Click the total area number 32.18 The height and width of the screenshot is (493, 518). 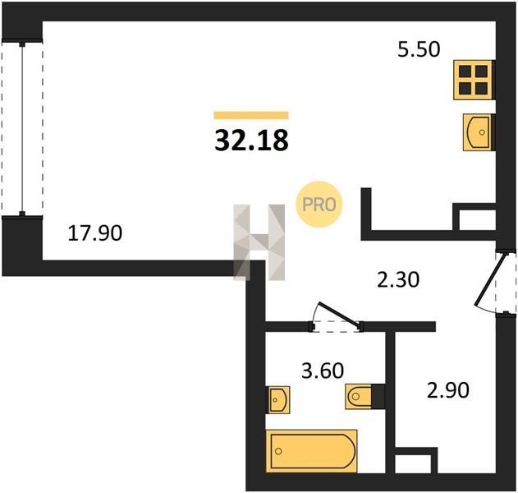point(251,141)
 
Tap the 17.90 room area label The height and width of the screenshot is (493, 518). point(94,233)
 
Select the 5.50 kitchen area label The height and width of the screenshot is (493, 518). point(419,49)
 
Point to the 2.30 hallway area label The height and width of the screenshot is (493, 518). point(398,279)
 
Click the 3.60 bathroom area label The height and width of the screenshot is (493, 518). point(323,371)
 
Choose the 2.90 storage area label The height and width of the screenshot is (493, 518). point(448,389)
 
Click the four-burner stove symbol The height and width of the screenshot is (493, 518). point(474,80)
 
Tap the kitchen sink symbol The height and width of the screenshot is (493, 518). point(479,132)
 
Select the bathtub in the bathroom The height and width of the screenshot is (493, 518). point(311,451)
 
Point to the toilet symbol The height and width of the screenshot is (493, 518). point(359,396)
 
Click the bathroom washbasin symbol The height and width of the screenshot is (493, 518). point(277,400)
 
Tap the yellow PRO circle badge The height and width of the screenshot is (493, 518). point(319,205)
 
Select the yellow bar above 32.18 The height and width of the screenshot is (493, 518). point(251,115)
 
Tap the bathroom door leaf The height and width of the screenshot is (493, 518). point(338,314)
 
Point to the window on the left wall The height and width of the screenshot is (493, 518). point(22,129)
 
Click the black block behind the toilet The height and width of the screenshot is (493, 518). point(378,396)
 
